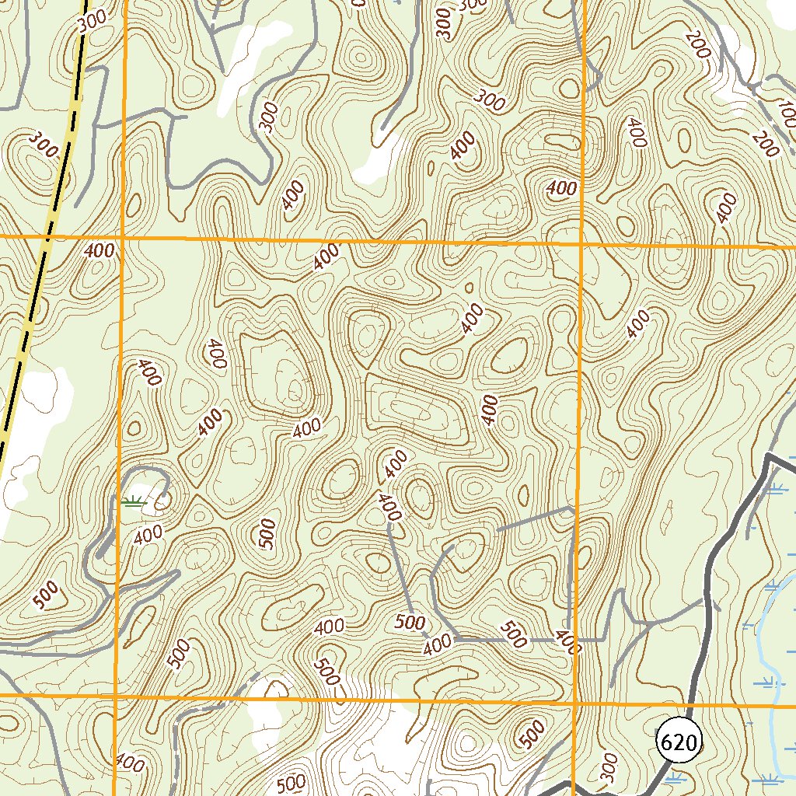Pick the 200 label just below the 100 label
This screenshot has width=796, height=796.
coord(765,145)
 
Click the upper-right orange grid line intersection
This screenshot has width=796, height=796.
coord(581,243)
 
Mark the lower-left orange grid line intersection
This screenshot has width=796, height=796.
coord(116,693)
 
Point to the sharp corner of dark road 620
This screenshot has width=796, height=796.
coord(767,456)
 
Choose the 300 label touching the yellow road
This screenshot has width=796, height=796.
coord(92,23)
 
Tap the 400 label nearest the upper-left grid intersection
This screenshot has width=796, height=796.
coord(99,250)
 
